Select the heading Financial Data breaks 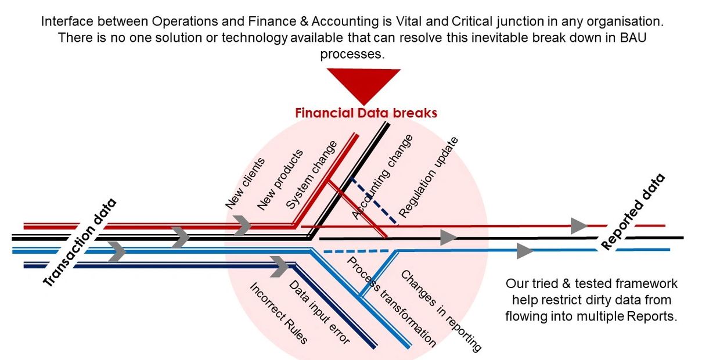pos(366,113)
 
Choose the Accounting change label pos(383,177)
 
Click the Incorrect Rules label pos(278,314)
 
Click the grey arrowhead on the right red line pos(579,226)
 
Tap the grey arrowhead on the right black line pos(448,237)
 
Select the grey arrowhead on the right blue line pos(525,251)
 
